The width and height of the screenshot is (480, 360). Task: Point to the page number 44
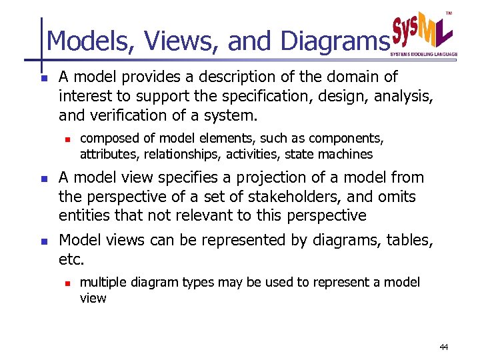[x=445, y=347]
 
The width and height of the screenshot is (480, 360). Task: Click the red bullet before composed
[x=67, y=139]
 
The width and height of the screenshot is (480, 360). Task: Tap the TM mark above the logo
[x=449, y=13]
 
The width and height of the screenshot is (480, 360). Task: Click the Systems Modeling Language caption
[x=423, y=53]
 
